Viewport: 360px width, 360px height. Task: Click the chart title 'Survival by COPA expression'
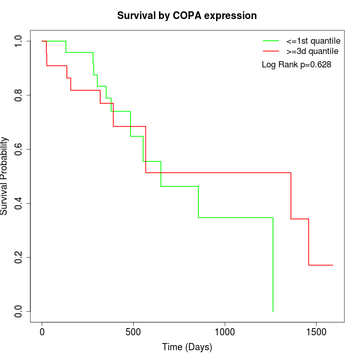pos(187,15)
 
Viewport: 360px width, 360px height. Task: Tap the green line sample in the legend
pos(271,40)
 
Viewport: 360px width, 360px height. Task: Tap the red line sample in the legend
pos(271,51)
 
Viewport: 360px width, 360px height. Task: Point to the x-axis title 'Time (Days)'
pos(187,347)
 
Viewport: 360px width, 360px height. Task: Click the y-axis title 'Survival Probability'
pos(5,176)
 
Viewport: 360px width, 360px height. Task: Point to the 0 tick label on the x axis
pos(42,332)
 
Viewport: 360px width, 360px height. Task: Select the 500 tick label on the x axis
pos(133,332)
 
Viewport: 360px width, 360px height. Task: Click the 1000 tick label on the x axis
pos(225,332)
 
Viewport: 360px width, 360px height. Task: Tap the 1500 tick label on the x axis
pos(316,332)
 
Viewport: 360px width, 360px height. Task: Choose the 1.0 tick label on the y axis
pos(19,41)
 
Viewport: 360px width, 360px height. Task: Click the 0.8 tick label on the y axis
pos(19,95)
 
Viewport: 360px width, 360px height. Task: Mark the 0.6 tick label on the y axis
pos(19,149)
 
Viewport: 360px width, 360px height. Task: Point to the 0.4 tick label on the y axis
pos(19,203)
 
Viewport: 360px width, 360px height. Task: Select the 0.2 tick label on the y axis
pos(19,257)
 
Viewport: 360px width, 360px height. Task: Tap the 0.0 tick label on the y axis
pos(19,311)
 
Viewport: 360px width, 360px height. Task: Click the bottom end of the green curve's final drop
pos(273,311)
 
